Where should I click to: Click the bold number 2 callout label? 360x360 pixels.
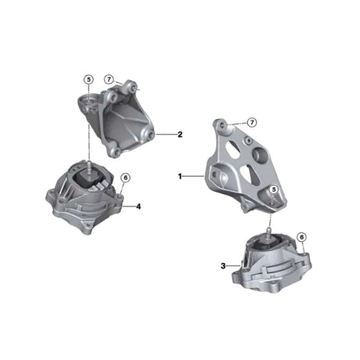pyautogui.click(x=179, y=135)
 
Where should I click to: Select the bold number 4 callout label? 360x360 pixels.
pyautogui.click(x=138, y=207)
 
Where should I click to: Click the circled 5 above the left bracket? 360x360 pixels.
pyautogui.click(x=88, y=79)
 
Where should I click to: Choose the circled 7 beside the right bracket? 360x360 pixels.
pyautogui.click(x=253, y=123)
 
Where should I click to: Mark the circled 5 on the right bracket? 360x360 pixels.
pyautogui.click(x=274, y=190)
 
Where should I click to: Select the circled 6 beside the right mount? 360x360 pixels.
pyautogui.click(x=301, y=236)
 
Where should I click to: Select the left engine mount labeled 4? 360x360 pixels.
pyautogui.click(x=86, y=200)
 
